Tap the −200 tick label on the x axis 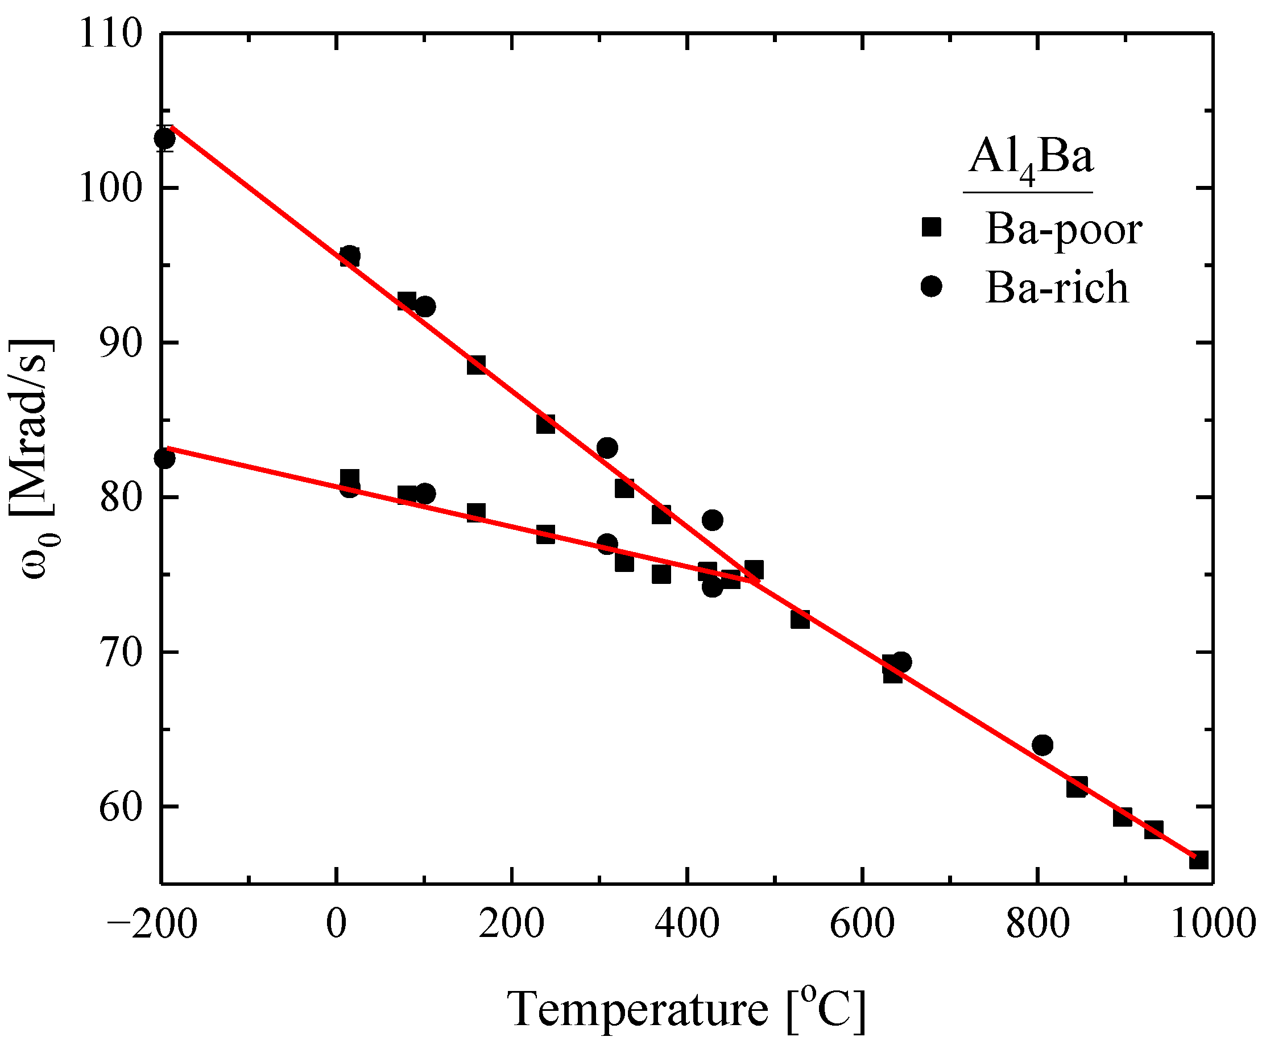[152, 923]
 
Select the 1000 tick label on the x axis [1213, 923]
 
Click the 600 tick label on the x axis [862, 923]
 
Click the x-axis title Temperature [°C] [686, 1009]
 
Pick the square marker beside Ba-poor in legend [931, 227]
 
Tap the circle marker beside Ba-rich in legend [931, 287]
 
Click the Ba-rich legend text [1057, 288]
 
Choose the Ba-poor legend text [1063, 229]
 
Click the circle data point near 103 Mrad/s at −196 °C [164, 139]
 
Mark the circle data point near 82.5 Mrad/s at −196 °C [164, 459]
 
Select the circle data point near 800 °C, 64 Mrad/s [1042, 745]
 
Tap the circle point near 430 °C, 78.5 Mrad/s [712, 520]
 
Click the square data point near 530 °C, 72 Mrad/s [800, 619]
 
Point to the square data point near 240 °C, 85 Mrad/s [545, 424]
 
